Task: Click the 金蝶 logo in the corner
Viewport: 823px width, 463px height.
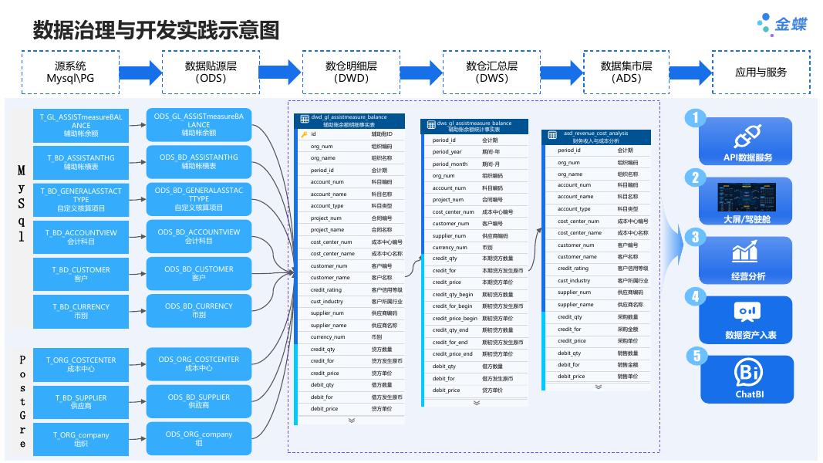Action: [782, 23]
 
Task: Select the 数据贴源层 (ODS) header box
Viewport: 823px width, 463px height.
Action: [211, 72]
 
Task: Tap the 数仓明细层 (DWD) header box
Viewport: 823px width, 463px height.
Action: [351, 72]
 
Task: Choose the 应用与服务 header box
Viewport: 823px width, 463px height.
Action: [761, 72]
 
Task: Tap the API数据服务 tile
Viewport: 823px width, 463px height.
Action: [747, 141]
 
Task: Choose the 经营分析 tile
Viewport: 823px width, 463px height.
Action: [747, 260]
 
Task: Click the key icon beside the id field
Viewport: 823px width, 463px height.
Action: [304, 134]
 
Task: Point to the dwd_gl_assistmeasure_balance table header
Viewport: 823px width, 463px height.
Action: [349, 120]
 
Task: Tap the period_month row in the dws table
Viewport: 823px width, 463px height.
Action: [474, 164]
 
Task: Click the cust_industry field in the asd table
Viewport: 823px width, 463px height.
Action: [599, 281]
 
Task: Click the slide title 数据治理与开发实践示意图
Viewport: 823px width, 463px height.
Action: [155, 31]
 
